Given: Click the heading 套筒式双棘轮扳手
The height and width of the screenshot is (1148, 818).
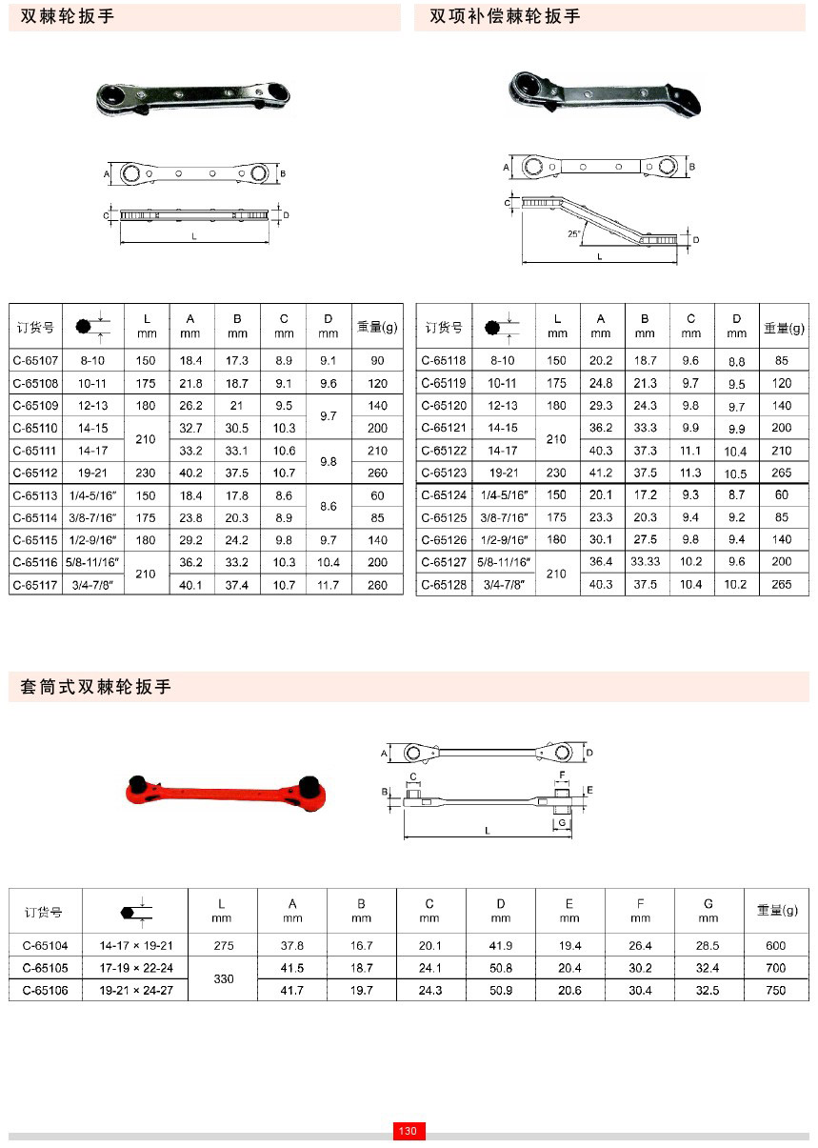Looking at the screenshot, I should click(96, 687).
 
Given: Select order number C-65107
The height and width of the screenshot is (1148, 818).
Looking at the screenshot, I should click(35, 361).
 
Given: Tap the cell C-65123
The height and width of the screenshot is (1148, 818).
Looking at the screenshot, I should click(443, 473).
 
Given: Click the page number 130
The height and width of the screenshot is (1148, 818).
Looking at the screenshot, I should click(409, 1131).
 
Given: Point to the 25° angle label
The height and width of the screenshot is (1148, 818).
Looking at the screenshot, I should click(572, 233).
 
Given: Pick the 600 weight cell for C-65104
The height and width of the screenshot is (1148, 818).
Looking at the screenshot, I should click(775, 945).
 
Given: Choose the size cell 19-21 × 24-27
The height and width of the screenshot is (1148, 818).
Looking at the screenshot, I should click(136, 991).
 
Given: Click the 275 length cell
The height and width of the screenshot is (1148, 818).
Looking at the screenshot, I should click(223, 945).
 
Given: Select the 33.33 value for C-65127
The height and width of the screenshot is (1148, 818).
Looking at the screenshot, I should click(645, 562).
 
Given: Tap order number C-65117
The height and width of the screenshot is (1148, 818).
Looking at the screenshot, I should click(35, 585).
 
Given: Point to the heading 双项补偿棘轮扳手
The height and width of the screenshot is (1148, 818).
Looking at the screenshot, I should click(505, 16).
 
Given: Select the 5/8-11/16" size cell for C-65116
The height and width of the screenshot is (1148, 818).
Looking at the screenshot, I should click(93, 563).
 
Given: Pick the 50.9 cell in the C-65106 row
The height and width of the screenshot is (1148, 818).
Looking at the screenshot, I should click(501, 991).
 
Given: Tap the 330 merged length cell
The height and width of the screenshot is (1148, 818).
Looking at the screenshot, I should click(223, 979).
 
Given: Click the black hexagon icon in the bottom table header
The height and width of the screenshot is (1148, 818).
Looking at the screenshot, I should click(129, 912).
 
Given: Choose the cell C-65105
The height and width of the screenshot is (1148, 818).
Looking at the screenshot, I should click(45, 968).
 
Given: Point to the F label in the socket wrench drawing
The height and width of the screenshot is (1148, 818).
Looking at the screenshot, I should click(563, 775).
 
